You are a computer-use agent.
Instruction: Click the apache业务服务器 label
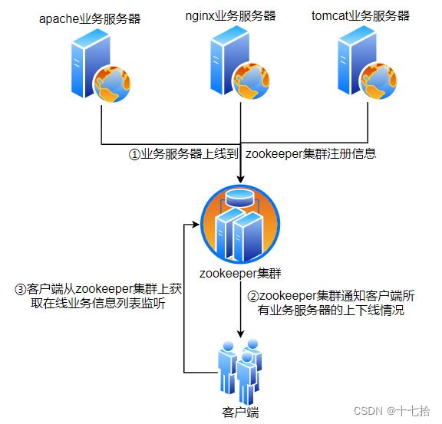90,19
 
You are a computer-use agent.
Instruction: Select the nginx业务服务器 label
230,16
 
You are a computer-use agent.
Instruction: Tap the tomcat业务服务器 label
361,16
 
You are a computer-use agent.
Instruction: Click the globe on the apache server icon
112,84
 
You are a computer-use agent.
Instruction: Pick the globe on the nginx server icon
251,81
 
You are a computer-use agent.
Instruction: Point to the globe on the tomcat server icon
378,81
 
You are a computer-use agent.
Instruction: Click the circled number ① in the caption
134,154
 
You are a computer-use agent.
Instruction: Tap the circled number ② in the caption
253,297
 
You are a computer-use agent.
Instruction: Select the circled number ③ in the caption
21,289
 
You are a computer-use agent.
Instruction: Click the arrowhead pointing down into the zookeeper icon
240,179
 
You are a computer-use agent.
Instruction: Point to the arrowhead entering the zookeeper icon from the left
196,225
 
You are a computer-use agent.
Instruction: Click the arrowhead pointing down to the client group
240,334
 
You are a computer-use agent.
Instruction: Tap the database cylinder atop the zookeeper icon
240,198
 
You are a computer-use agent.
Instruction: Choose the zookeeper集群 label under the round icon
240,273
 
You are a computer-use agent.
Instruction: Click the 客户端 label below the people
240,412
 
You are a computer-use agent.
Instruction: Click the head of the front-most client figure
247,357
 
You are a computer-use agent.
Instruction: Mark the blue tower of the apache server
90,64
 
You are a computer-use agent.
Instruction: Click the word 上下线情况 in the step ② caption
374,311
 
